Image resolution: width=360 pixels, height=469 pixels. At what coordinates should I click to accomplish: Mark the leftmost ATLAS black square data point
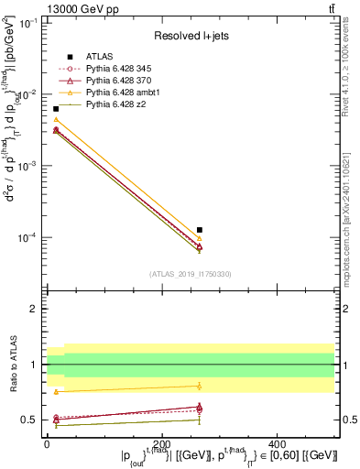(x=56, y=109)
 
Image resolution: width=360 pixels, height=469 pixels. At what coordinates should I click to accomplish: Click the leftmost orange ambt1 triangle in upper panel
(x=56, y=120)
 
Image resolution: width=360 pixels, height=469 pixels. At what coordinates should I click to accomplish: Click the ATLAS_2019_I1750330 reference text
(x=191, y=273)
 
